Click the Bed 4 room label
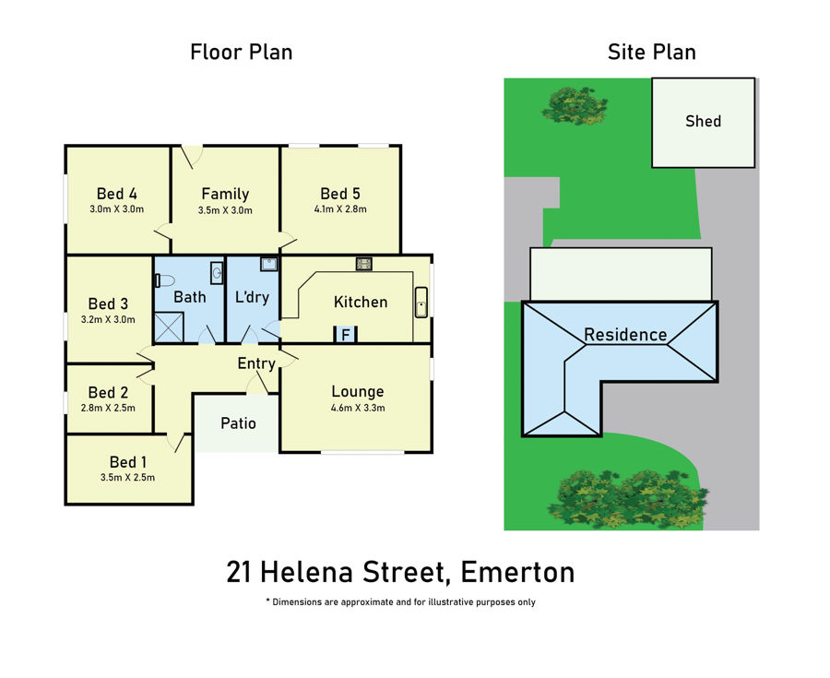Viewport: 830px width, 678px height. point(116,194)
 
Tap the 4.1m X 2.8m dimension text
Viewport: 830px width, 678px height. point(340,209)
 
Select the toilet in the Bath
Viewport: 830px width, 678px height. point(164,280)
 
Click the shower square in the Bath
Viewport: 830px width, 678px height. point(169,327)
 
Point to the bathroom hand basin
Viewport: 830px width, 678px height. point(217,272)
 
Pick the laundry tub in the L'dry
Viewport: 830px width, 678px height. point(269,264)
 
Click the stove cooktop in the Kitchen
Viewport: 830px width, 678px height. point(363,264)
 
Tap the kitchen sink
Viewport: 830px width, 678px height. point(421,303)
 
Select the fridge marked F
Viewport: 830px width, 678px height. point(346,335)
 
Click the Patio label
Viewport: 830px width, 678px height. point(238,423)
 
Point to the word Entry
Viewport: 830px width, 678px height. point(256,363)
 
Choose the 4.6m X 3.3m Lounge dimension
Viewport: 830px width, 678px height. point(358,408)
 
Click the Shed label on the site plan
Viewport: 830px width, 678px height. point(703,121)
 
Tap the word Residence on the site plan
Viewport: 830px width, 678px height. point(625,335)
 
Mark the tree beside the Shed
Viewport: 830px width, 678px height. point(575,105)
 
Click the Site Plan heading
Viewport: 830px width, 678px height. point(652,52)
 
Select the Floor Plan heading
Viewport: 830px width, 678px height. point(242,52)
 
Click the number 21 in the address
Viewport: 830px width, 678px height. point(239,572)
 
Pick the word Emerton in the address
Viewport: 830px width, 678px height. point(517,572)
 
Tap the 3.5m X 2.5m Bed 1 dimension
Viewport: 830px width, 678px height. point(127,478)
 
